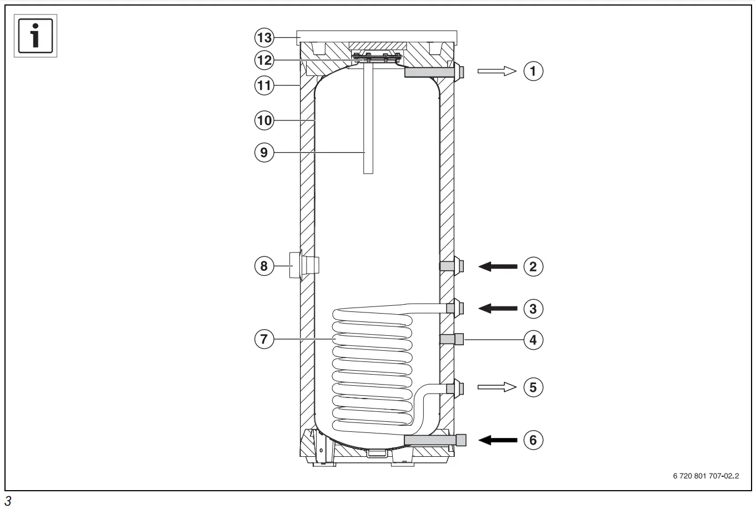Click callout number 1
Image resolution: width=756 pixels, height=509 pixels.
coord(533,71)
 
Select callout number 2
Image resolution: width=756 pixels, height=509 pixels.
coord(533,266)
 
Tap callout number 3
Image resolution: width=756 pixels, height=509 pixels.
coord(533,309)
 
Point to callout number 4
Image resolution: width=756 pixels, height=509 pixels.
coord(533,339)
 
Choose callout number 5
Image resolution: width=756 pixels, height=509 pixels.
coord(533,387)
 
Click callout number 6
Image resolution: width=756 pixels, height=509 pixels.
coord(533,440)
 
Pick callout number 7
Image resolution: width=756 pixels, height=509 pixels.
coord(264,339)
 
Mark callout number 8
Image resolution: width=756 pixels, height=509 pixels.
coord(264,266)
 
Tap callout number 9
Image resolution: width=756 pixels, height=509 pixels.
coord(264,153)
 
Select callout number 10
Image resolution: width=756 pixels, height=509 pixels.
coord(264,120)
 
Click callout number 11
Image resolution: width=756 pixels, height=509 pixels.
coord(264,85)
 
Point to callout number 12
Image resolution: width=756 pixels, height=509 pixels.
coord(264,59)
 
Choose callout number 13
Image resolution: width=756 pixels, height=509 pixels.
coord(264,38)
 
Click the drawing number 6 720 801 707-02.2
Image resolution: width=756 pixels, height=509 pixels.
coord(705,476)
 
